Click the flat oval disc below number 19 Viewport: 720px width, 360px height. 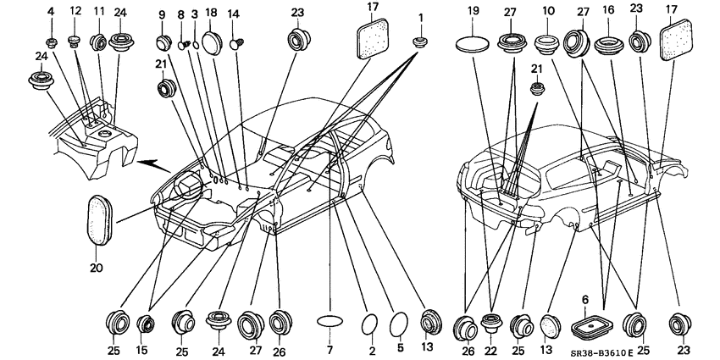(x=473, y=45)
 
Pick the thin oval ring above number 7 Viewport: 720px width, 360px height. (x=330, y=319)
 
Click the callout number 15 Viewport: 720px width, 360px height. (x=145, y=352)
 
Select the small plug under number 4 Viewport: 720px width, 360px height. (x=51, y=43)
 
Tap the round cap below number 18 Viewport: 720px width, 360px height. (x=212, y=42)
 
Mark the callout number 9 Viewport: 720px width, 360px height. (x=162, y=14)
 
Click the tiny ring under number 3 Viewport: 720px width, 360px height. (x=195, y=45)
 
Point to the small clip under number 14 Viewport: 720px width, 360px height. (x=238, y=43)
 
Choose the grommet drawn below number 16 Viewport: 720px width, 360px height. (x=609, y=46)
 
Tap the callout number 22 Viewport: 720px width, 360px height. (x=492, y=352)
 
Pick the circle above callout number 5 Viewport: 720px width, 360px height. (x=399, y=324)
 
